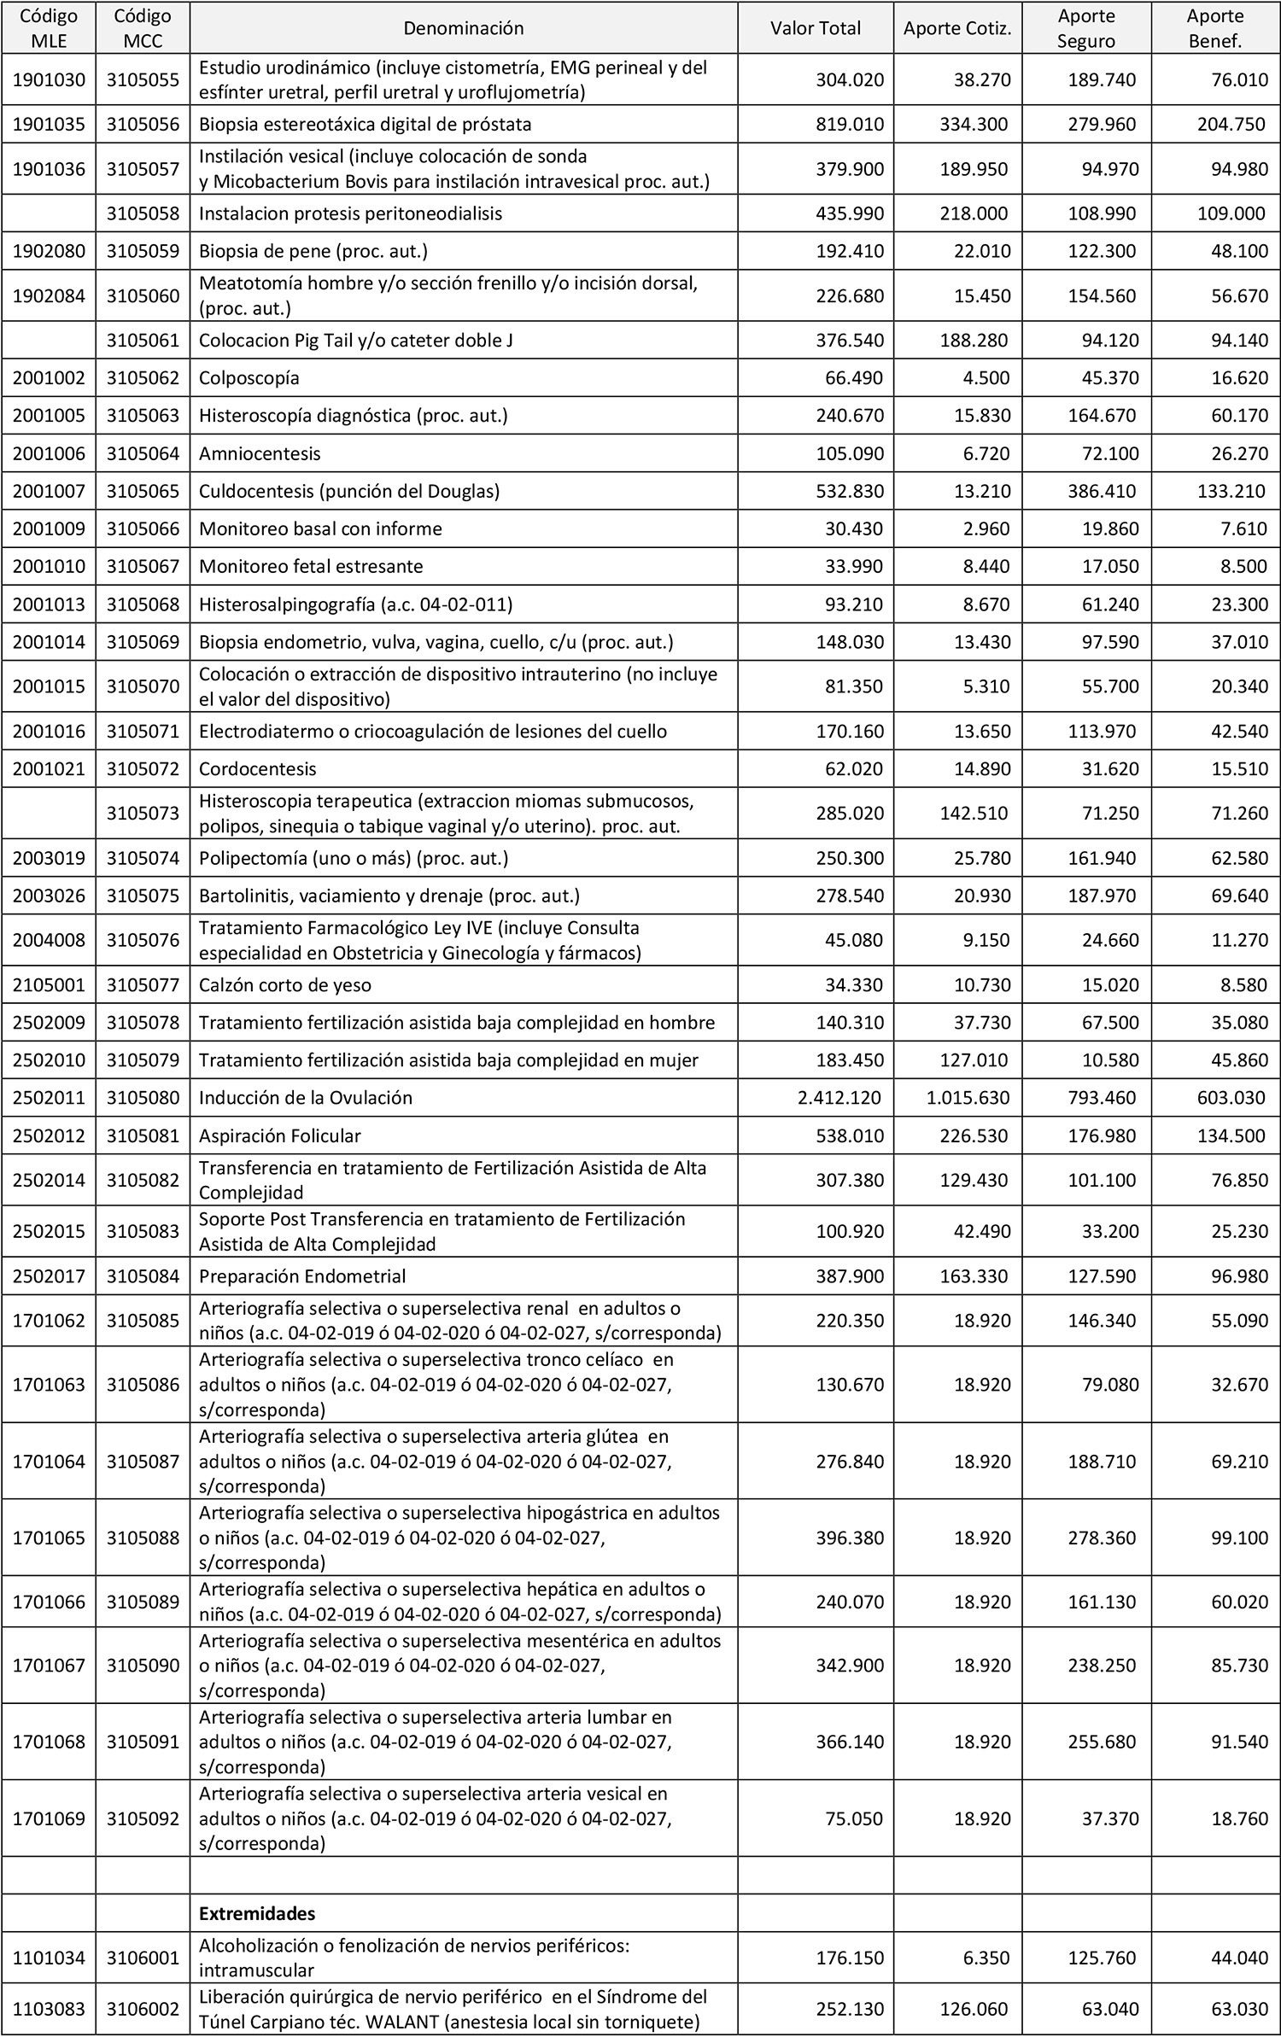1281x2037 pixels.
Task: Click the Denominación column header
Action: click(463, 28)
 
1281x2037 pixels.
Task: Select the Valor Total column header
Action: click(815, 28)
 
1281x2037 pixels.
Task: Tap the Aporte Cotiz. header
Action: click(957, 28)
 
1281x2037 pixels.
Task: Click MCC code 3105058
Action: click(143, 213)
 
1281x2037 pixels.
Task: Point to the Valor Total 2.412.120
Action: click(839, 1098)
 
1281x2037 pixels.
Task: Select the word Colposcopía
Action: click(249, 377)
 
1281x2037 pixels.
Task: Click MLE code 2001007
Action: click(49, 491)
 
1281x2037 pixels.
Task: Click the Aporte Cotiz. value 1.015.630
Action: click(968, 1098)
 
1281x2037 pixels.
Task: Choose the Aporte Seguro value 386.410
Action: click(1103, 491)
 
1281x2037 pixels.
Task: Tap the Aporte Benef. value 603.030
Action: click(1231, 1098)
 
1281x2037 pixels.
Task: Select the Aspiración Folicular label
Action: click(279, 1135)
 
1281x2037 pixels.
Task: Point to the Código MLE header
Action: click(49, 28)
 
